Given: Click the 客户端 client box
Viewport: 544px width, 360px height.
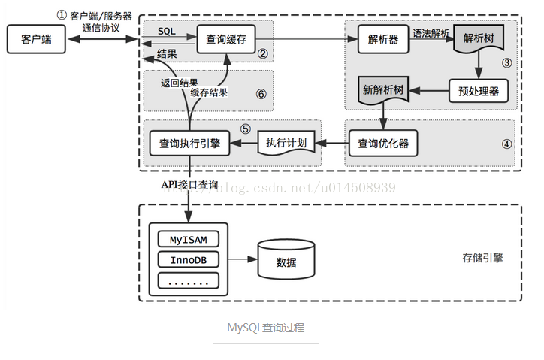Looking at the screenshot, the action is (x=36, y=39).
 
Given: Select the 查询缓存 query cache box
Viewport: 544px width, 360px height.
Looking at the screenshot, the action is (x=226, y=39).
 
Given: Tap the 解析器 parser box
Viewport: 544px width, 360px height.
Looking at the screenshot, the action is (x=383, y=39).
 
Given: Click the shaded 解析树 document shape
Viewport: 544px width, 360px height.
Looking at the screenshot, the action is (x=479, y=38).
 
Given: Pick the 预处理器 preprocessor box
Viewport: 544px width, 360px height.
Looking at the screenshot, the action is (x=479, y=91).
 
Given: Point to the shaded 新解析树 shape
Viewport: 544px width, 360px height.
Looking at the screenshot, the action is (x=383, y=90).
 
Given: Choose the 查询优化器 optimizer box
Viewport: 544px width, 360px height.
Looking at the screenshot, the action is (x=383, y=143).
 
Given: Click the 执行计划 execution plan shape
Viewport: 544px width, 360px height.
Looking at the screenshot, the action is (x=286, y=142).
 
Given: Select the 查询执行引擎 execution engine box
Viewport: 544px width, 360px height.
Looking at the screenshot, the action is (x=189, y=143).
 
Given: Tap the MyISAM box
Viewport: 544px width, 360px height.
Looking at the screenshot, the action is (x=189, y=239).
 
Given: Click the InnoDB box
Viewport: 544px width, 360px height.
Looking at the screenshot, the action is (x=189, y=260).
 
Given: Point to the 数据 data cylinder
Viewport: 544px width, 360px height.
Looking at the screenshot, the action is (x=286, y=259).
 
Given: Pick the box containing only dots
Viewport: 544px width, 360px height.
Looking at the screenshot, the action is (x=189, y=280).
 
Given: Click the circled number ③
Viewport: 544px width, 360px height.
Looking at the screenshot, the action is (x=507, y=63).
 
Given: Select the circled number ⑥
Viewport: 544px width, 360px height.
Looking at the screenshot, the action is (x=261, y=94).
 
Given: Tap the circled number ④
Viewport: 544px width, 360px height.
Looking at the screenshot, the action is (x=507, y=144).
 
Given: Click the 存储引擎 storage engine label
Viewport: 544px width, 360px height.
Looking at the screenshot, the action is (x=482, y=258).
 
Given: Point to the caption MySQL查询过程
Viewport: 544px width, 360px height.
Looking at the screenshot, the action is (x=266, y=328).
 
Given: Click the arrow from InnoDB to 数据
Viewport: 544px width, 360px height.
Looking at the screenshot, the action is (x=243, y=259).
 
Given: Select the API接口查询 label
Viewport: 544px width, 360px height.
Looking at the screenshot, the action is (x=189, y=185).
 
